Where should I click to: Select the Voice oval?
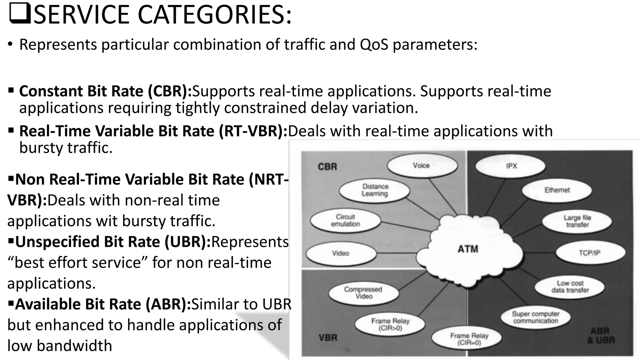point(422,166)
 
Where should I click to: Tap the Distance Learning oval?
point(375,190)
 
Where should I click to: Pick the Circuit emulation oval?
point(346,220)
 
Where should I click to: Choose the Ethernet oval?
point(557,190)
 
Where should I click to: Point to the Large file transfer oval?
point(577,221)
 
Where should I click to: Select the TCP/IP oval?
point(590,253)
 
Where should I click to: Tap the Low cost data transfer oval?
point(570,287)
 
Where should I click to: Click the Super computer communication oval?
point(535,317)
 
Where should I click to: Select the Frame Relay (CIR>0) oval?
point(390,324)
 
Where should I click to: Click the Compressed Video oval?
point(363,293)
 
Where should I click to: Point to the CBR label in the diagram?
point(327,167)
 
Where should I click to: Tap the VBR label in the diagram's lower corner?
point(328,338)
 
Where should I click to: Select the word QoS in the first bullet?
point(374,44)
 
